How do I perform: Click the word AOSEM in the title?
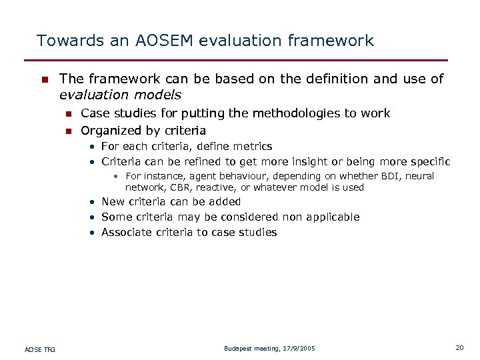click(x=157, y=41)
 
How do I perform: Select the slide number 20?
click(x=459, y=347)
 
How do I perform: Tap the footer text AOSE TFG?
click(x=40, y=349)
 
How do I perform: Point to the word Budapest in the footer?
click(x=239, y=349)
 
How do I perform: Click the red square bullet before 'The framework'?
click(x=44, y=80)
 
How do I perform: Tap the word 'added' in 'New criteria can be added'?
click(x=225, y=202)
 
